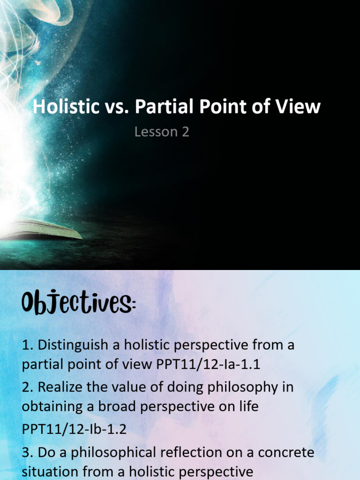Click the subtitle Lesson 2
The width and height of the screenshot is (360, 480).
tap(162, 132)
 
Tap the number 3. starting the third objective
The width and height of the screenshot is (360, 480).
tap(27, 453)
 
